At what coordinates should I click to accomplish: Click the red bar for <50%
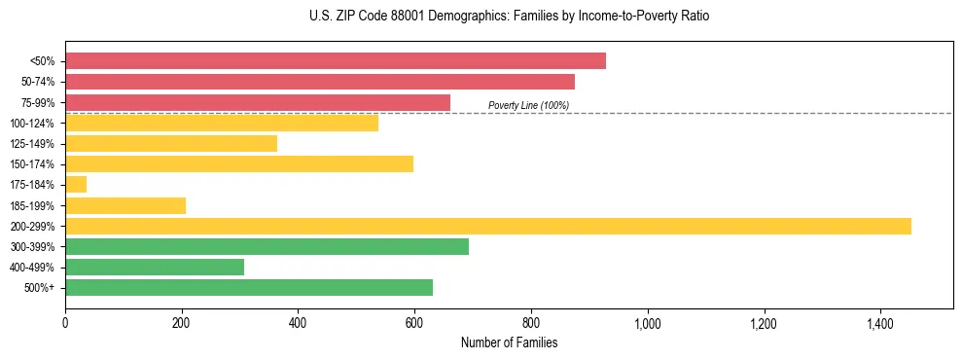[336, 60]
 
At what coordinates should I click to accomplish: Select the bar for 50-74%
[320, 82]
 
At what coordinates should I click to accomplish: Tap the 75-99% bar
[258, 102]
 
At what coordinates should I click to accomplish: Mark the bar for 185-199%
[125, 205]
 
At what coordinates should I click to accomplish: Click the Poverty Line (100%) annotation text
[528, 105]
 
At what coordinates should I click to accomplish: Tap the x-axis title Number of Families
[509, 342]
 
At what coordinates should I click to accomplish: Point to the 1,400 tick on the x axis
[879, 324]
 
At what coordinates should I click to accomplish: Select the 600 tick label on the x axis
[414, 324]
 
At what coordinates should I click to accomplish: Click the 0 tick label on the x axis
[65, 324]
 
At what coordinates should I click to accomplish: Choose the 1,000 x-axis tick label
[647, 324]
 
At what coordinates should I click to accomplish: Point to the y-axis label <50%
[43, 61]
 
